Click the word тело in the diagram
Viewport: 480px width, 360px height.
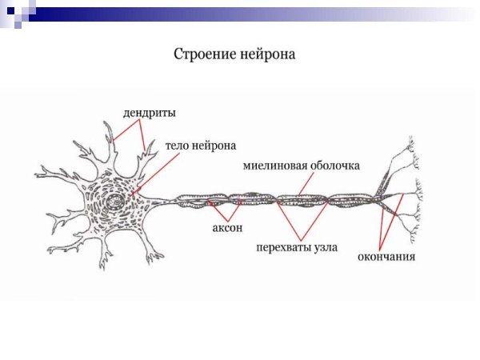(x=179, y=146)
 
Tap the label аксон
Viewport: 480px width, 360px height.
(x=226, y=229)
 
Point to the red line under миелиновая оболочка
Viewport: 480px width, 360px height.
(x=300, y=184)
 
